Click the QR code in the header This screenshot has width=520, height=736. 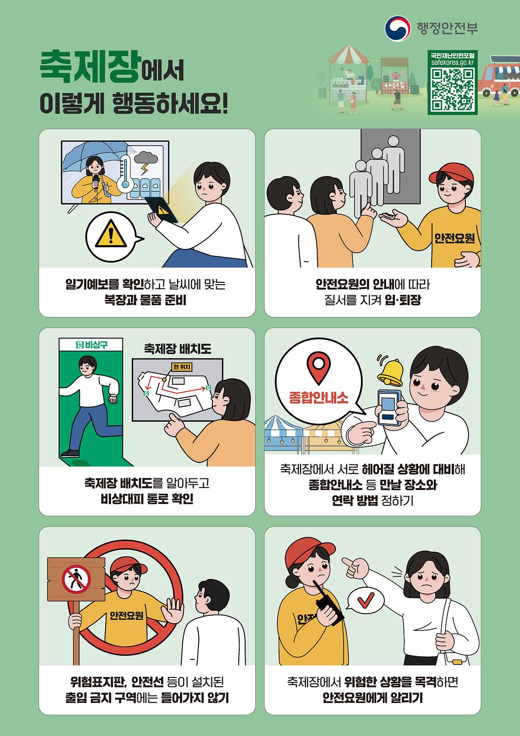click(452, 89)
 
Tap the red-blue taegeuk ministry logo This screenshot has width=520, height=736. click(397, 29)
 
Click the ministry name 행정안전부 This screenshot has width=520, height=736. click(447, 28)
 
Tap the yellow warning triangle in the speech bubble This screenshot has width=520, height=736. click(110, 234)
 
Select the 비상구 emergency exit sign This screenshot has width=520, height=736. click(91, 345)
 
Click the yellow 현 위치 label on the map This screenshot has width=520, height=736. click(182, 367)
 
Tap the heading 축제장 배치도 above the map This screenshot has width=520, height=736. click(177, 349)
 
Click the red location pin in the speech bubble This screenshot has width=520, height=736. click(318, 368)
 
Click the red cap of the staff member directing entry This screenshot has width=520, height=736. click(452, 173)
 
